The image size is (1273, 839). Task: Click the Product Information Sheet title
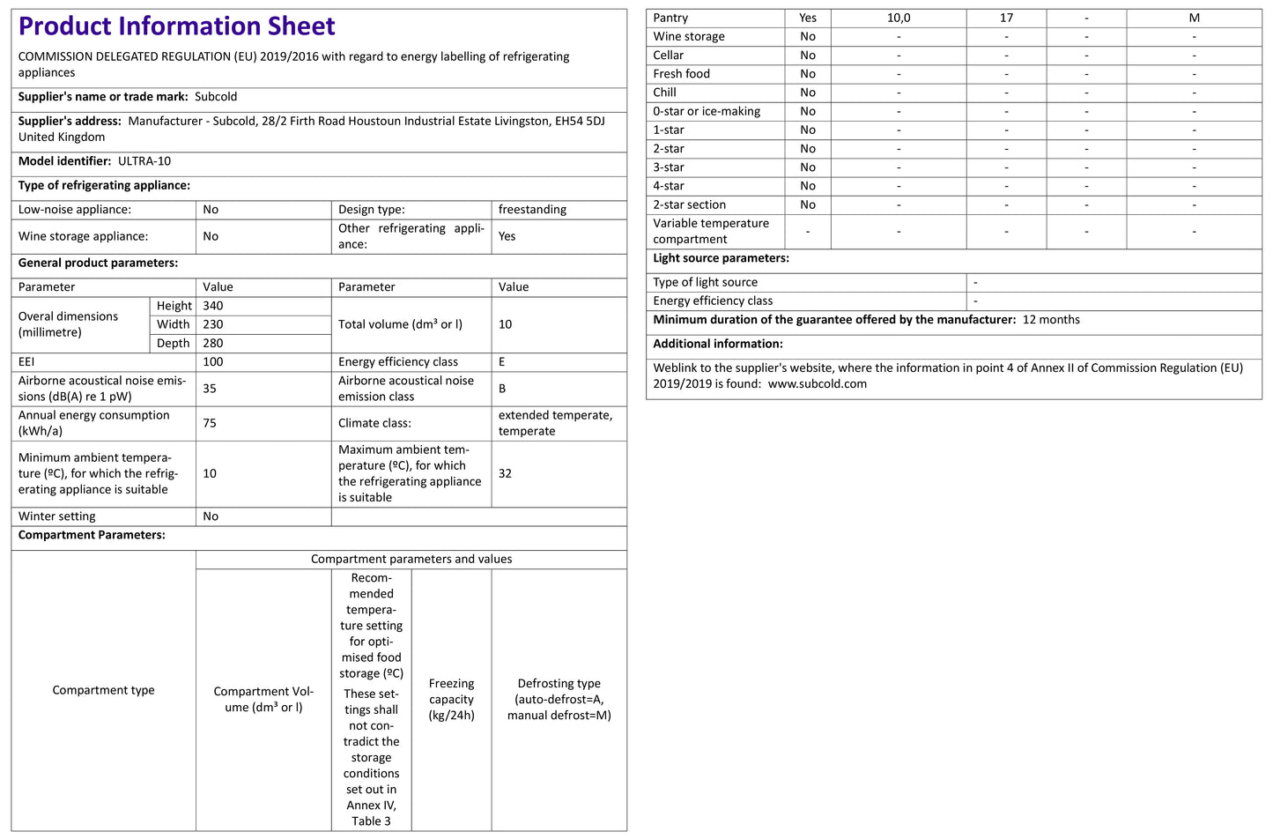(x=176, y=26)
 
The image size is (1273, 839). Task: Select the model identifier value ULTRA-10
(x=144, y=161)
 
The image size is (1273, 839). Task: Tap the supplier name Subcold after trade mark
(x=216, y=97)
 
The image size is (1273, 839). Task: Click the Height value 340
(x=213, y=306)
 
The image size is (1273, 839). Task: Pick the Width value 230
(x=213, y=324)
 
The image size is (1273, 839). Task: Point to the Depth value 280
(x=213, y=343)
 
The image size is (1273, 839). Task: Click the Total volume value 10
(x=505, y=324)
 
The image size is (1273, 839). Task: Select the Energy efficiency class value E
(x=502, y=362)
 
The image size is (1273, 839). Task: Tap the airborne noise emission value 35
(x=210, y=389)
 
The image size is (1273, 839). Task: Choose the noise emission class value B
(x=502, y=389)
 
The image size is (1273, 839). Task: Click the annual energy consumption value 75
(x=210, y=423)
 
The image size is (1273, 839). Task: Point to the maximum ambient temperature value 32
(x=505, y=473)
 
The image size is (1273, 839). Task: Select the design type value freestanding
(x=532, y=210)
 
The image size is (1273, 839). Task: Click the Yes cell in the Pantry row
(x=808, y=18)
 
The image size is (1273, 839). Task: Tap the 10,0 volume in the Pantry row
(x=899, y=18)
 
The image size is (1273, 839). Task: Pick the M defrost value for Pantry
(x=1194, y=18)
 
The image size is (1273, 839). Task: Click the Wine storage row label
(x=689, y=36)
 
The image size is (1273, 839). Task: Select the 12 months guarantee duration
(x=1051, y=320)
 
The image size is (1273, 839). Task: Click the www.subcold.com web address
(x=817, y=384)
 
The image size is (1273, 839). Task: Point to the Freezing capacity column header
(x=451, y=699)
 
